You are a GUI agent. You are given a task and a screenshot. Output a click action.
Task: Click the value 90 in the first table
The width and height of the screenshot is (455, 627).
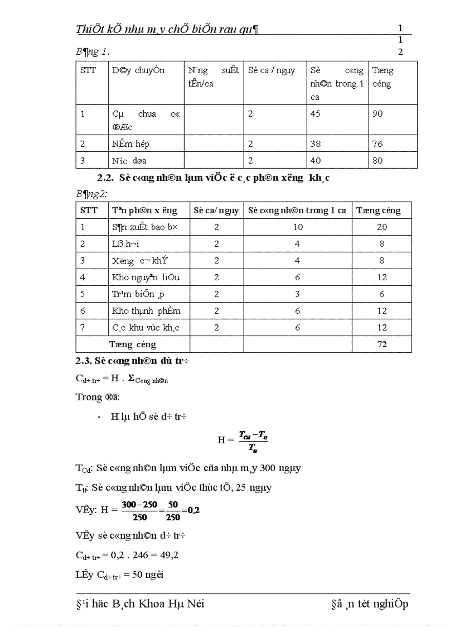(377, 114)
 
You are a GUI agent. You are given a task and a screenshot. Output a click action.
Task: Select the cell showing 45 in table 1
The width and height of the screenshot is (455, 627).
(316, 114)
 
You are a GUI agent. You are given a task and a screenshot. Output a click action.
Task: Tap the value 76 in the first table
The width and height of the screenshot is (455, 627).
(377, 144)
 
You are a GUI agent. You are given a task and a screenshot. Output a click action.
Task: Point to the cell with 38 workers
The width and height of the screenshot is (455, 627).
(316, 144)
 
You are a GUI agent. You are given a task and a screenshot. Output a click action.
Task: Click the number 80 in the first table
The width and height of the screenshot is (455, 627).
(377, 161)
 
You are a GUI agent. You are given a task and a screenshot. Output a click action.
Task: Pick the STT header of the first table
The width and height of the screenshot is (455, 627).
(88, 71)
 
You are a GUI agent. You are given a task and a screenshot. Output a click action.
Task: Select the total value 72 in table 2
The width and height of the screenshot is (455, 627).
(381, 344)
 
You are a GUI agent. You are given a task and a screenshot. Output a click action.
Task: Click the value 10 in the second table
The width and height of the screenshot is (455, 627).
(298, 227)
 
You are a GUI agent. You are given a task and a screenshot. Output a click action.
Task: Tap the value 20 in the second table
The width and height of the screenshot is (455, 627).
(381, 227)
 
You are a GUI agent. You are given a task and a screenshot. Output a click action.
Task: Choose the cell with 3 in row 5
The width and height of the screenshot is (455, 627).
(298, 294)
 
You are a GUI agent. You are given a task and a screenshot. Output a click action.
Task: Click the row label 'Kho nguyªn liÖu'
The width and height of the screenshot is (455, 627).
(145, 277)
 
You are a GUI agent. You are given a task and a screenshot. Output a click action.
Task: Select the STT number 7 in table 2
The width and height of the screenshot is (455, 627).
(83, 328)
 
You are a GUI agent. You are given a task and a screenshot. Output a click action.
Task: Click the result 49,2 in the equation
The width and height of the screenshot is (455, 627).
(167, 556)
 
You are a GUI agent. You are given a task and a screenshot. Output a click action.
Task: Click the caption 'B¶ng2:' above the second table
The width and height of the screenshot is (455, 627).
(91, 193)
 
